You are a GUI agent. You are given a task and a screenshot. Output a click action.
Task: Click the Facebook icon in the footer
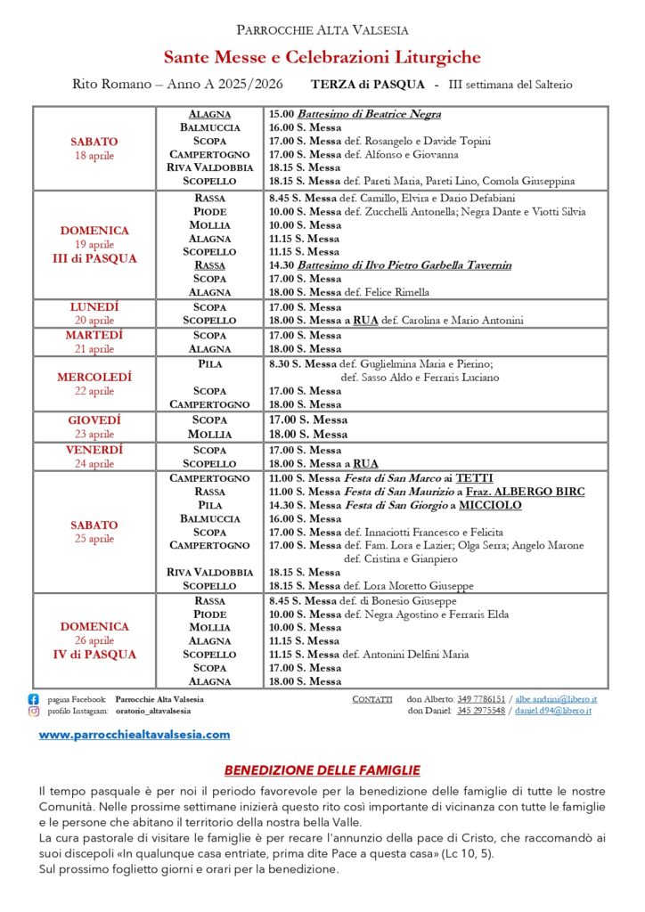pyautogui.click(x=34, y=699)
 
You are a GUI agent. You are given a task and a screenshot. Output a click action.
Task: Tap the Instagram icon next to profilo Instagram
pyautogui.click(x=34, y=712)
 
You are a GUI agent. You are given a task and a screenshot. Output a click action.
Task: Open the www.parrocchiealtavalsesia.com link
pyautogui.click(x=135, y=735)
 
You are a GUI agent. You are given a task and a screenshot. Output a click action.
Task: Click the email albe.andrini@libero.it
pyautogui.click(x=556, y=699)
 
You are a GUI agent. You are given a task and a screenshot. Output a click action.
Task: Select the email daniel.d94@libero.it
pyautogui.click(x=556, y=712)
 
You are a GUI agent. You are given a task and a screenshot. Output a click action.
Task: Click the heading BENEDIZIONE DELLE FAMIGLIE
pyautogui.click(x=322, y=769)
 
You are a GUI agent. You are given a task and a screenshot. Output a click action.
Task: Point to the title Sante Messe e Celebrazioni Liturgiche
pyautogui.click(x=322, y=58)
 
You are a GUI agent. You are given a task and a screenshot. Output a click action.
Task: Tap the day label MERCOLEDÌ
pyautogui.click(x=94, y=377)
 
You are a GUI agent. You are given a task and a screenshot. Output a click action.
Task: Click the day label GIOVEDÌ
pyautogui.click(x=94, y=419)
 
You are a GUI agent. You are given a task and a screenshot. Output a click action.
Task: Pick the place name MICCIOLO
pyautogui.click(x=490, y=505)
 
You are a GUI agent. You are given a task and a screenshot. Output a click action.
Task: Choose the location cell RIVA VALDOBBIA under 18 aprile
pyautogui.click(x=210, y=167)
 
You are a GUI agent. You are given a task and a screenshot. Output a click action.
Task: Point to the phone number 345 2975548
pyautogui.click(x=480, y=712)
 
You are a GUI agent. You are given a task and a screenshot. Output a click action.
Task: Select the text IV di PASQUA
pyautogui.click(x=94, y=655)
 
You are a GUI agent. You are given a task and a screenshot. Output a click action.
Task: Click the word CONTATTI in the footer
pyautogui.click(x=372, y=699)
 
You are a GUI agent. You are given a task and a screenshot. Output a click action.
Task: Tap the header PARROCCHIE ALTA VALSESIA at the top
pyautogui.click(x=322, y=30)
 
